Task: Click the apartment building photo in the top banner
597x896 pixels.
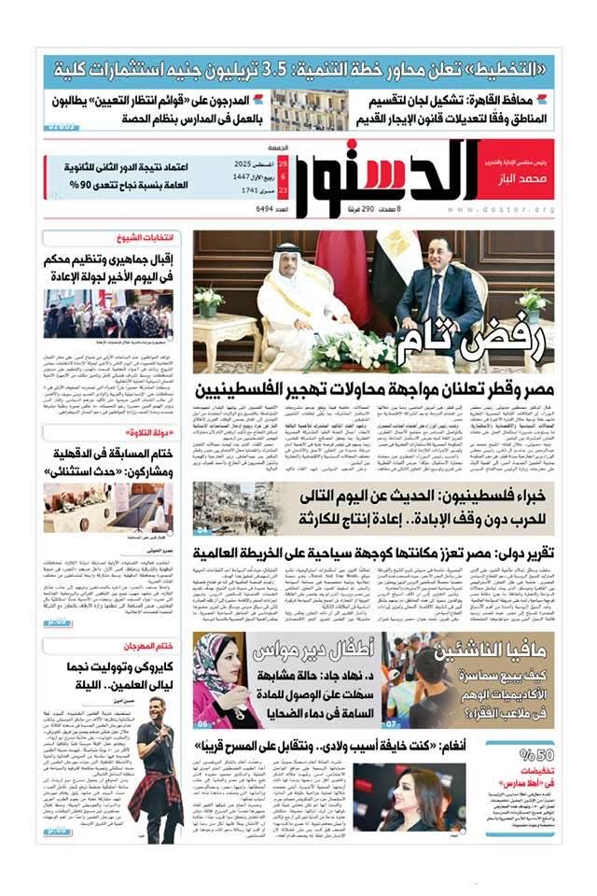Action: [x=309, y=109]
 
